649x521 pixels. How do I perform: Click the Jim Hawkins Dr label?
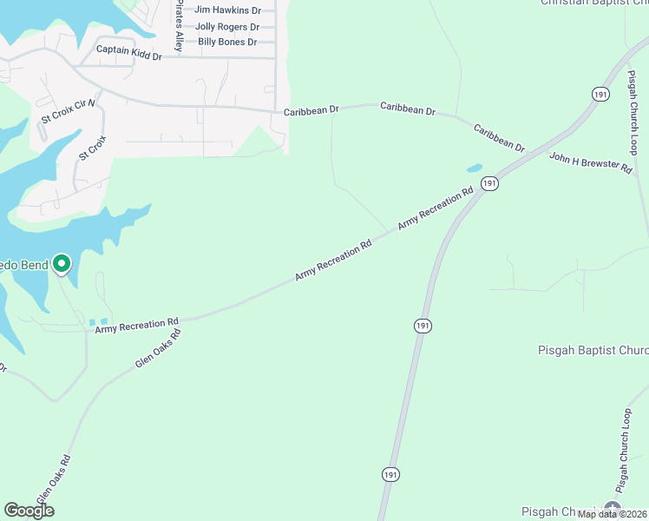[227, 10]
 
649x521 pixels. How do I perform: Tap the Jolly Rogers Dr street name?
[227, 27]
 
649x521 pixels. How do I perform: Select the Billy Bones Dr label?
[227, 42]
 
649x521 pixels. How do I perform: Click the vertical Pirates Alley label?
[180, 26]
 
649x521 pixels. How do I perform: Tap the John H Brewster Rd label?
[591, 162]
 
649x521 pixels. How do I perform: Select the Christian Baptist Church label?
[593, 3]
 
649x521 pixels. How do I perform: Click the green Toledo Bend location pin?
[62, 263]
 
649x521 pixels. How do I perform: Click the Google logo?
[29, 511]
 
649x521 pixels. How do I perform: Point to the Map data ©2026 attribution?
[613, 514]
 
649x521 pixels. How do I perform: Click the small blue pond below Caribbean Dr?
[475, 168]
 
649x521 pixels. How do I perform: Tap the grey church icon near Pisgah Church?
[613, 509]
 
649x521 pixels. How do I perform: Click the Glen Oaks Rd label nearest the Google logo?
[53, 480]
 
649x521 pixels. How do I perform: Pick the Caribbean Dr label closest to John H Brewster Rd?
[499, 139]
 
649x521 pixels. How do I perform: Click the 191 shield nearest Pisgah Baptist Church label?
[422, 325]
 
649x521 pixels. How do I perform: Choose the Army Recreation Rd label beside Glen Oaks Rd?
[136, 324]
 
